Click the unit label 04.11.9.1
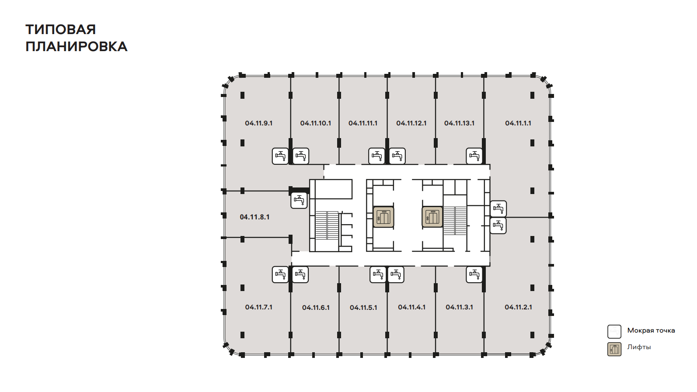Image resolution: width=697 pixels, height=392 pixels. tap(258, 123)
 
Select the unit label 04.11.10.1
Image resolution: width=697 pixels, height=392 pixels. tap(316, 123)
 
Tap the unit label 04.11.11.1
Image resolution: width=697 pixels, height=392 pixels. tap(363, 123)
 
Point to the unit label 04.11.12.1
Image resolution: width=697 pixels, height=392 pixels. tap(411, 123)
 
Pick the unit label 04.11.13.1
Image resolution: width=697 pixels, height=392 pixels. tap(459, 123)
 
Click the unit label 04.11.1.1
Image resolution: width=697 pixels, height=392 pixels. tap(518, 123)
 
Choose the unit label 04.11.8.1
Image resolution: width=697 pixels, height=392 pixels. tap(254, 217)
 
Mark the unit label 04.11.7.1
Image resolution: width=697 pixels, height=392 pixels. tap(258, 307)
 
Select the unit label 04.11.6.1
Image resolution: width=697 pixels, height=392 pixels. tap(316, 308)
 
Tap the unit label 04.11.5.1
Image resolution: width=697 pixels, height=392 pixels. tap(363, 308)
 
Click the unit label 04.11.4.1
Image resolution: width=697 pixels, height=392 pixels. tap(411, 307)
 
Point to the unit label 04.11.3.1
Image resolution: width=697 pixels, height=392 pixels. tap(459, 307)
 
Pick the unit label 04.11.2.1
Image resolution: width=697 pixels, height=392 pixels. tap(519, 307)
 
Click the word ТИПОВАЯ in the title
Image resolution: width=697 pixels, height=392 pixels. tap(61, 30)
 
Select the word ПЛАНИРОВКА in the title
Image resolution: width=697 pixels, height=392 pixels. tap(77, 47)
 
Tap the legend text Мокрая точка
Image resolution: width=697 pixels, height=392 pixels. tap(651, 330)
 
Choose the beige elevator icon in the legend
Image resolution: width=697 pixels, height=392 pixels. tap(614, 349)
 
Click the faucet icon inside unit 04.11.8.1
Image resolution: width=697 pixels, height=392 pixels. tap(299, 201)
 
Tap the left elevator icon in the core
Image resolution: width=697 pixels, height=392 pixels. tap(383, 217)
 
